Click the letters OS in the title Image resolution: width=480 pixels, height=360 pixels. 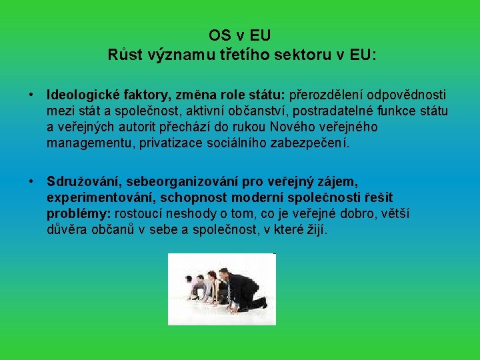219,35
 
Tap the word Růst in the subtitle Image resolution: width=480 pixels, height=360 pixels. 124,54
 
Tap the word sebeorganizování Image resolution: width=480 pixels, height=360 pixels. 190,181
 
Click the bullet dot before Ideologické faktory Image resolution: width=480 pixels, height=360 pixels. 31,95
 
